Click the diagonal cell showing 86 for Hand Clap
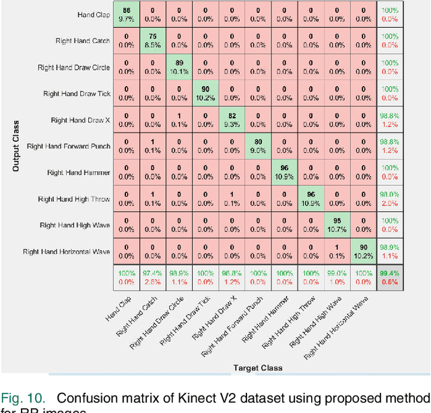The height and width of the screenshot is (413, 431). (x=126, y=15)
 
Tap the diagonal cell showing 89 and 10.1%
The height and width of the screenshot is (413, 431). (x=178, y=67)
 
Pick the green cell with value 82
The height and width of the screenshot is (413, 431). (x=231, y=120)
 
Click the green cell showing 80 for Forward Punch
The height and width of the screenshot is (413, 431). (x=257, y=146)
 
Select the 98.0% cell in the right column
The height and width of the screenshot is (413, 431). (x=389, y=198)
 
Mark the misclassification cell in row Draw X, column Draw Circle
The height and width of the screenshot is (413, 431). (x=178, y=120)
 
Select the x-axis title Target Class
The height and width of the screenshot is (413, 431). (x=258, y=368)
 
